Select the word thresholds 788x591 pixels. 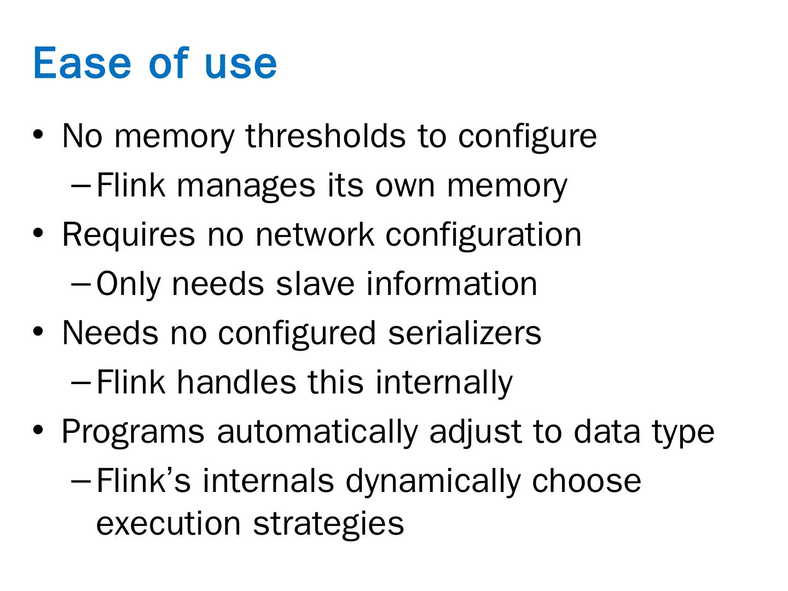click(x=326, y=135)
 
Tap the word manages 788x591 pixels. click(x=246, y=185)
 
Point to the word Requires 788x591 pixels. click(x=128, y=234)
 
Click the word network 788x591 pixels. click(x=315, y=234)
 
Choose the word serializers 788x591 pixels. click(x=465, y=333)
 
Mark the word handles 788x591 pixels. click(x=236, y=382)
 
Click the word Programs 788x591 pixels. click(x=133, y=431)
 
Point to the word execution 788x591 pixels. click(x=168, y=523)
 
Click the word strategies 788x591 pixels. click(x=328, y=523)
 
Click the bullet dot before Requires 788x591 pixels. click(x=38, y=234)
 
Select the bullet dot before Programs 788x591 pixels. click(x=38, y=431)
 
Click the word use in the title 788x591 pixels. click(x=241, y=63)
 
